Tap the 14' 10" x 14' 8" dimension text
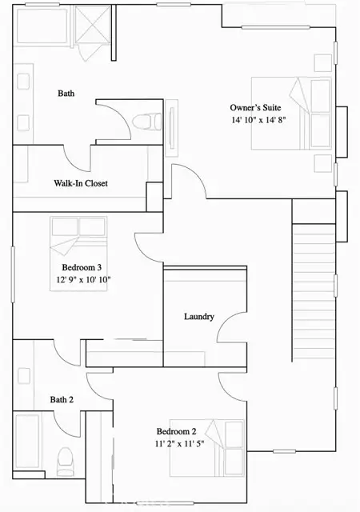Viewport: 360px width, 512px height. click(x=258, y=120)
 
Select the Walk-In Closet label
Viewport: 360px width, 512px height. click(x=80, y=183)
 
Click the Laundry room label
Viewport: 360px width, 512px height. click(x=198, y=317)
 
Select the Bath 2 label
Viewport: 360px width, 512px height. click(x=62, y=399)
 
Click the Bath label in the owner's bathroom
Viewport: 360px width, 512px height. click(x=67, y=94)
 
